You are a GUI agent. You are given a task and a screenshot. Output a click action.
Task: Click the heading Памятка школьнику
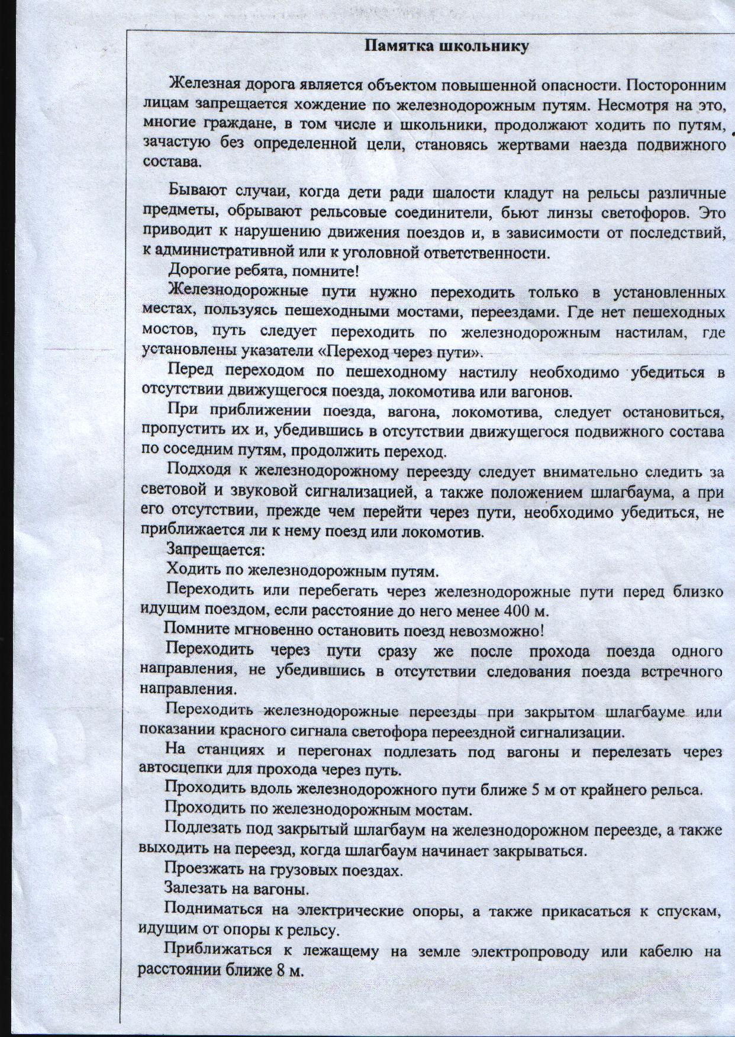click(x=446, y=46)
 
